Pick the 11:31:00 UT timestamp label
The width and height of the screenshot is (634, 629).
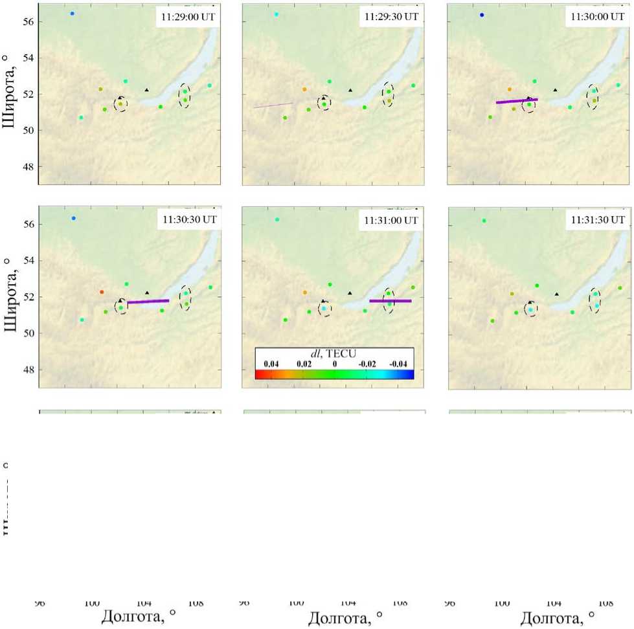click(392, 220)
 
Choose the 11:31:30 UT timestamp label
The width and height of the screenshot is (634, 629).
click(596, 220)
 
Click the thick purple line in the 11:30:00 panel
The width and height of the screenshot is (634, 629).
click(517, 101)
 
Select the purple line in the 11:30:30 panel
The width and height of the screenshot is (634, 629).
click(148, 302)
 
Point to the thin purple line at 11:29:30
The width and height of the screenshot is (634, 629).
click(273, 105)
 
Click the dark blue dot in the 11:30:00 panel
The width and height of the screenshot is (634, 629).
click(482, 15)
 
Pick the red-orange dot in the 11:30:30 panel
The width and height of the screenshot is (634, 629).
click(102, 292)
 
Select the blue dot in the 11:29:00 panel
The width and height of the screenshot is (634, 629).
click(73, 14)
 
